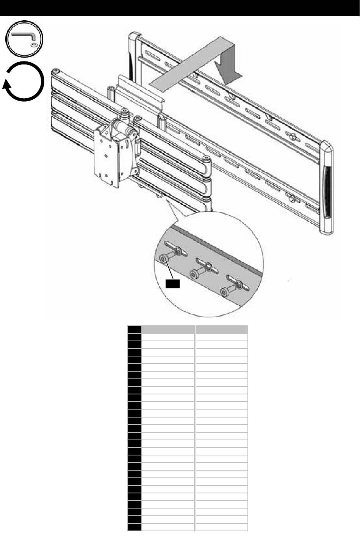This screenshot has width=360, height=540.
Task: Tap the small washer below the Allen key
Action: (34, 45)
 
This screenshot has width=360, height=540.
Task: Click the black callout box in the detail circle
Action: (172, 284)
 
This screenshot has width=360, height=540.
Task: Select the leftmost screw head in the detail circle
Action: (164, 259)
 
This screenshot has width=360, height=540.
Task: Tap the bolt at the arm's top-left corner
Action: (56, 71)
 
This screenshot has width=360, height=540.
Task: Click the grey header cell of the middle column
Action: (169, 329)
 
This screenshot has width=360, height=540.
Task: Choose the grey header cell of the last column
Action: (222, 329)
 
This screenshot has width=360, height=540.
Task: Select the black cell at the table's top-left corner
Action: (135, 329)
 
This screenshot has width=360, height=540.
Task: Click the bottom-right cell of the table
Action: (222, 527)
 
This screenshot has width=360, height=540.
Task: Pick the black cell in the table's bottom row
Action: (135, 527)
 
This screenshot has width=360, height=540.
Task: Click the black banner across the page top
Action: (180, 8)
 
